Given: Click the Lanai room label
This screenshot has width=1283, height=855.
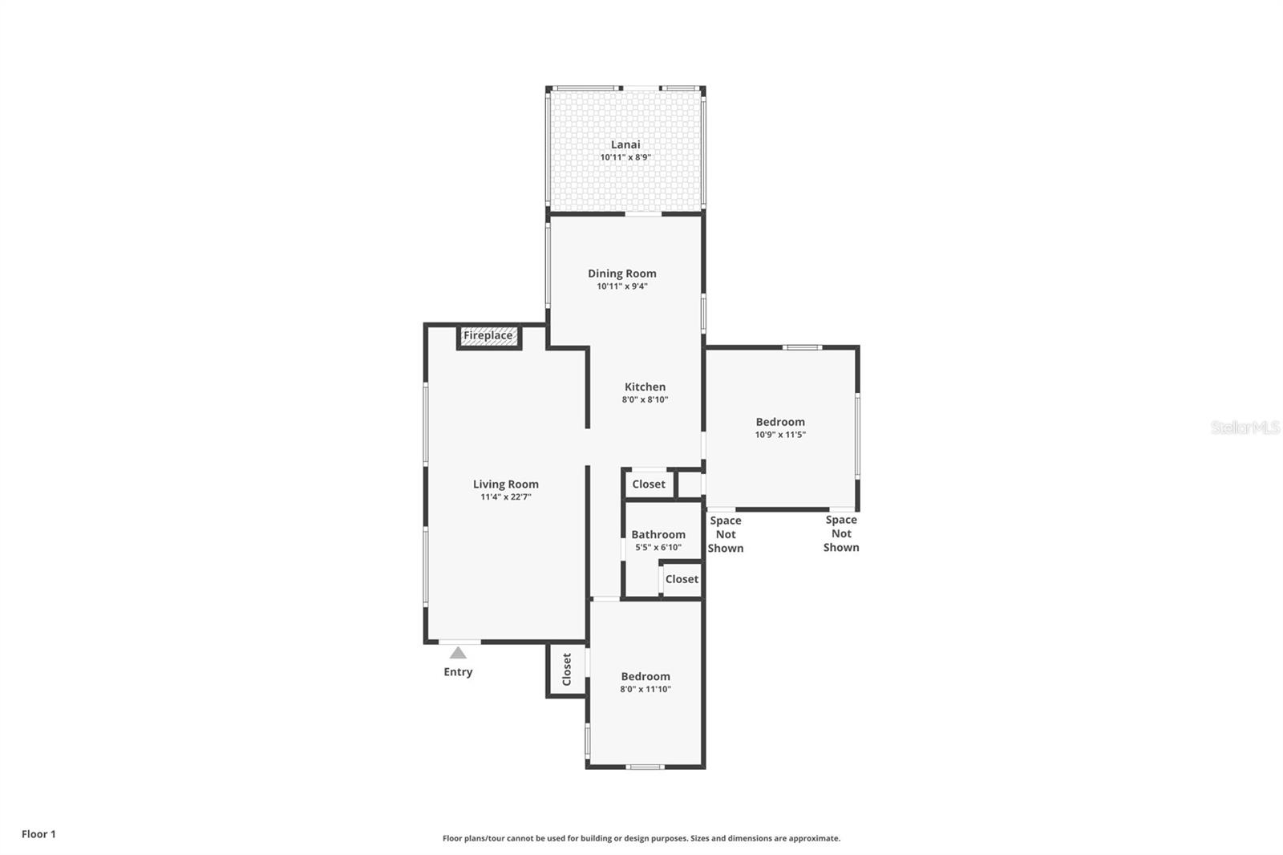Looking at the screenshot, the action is click(625, 144).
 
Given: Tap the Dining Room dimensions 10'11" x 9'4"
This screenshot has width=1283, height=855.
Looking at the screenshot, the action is click(622, 286).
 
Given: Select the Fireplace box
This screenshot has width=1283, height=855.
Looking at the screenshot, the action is click(488, 336).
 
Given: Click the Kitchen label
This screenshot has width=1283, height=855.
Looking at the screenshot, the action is click(645, 387).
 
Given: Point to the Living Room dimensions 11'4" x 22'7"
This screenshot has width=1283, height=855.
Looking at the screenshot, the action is click(506, 496).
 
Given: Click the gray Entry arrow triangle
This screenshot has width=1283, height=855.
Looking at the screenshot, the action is click(458, 653).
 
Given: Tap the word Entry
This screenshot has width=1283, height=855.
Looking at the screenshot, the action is click(458, 671).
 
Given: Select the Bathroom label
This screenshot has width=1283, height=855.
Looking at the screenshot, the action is click(658, 535).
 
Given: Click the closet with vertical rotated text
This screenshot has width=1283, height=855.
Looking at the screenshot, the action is click(566, 670).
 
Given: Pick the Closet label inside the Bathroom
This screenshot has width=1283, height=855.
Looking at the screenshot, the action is click(682, 579).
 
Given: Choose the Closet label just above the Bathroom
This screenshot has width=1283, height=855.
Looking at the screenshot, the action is click(649, 484).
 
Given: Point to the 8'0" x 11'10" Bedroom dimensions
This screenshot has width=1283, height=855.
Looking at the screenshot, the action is click(645, 689).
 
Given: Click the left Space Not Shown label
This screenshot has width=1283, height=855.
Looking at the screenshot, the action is click(726, 534).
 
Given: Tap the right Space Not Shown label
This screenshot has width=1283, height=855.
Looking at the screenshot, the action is click(841, 533).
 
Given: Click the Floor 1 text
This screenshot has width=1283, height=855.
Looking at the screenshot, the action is click(39, 834).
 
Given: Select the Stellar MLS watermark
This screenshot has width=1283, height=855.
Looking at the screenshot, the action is click(1245, 427).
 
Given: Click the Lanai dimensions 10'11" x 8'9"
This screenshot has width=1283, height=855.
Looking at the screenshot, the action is click(625, 157).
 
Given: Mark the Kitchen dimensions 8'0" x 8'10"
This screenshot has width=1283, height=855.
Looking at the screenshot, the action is click(645, 399).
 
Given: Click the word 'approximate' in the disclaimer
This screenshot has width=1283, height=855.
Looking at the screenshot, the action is click(814, 838).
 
